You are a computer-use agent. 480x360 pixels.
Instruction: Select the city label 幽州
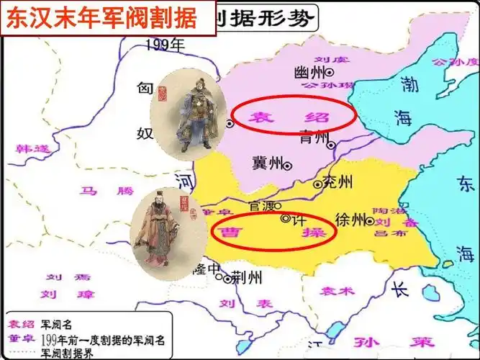[x=309, y=72]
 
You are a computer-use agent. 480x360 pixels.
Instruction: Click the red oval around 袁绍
[x=294, y=116]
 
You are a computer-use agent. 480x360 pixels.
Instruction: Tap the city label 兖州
[x=337, y=181]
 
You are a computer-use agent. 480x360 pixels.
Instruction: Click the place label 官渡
[x=261, y=206]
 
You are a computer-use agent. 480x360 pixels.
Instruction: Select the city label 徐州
[x=350, y=220]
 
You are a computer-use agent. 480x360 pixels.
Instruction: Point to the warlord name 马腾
[x=96, y=191]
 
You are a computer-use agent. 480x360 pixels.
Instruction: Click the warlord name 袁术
[x=338, y=292]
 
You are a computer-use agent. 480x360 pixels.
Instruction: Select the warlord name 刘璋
[x=59, y=294]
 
